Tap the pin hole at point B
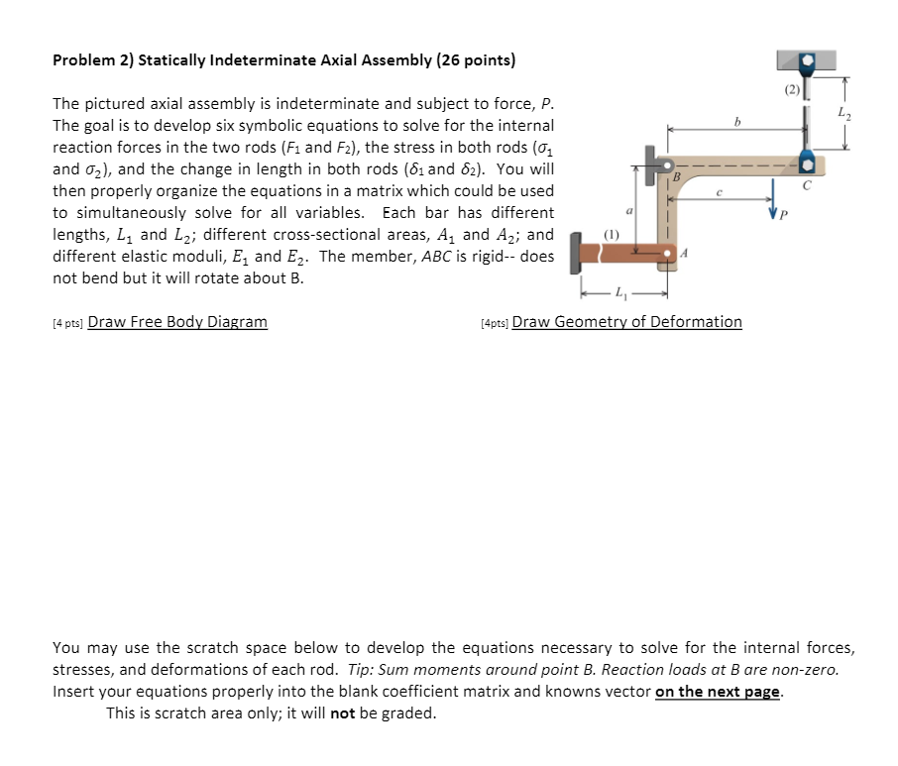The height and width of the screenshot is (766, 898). (x=668, y=164)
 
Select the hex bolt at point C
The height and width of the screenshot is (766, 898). (x=808, y=163)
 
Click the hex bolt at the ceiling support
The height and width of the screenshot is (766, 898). (x=808, y=60)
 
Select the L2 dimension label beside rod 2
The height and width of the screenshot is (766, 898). (x=843, y=115)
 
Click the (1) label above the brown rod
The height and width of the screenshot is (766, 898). (x=611, y=236)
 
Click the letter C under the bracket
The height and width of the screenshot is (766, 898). (x=808, y=185)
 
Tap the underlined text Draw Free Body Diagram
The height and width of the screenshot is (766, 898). (x=177, y=321)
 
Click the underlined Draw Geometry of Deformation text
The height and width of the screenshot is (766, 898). (x=626, y=321)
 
